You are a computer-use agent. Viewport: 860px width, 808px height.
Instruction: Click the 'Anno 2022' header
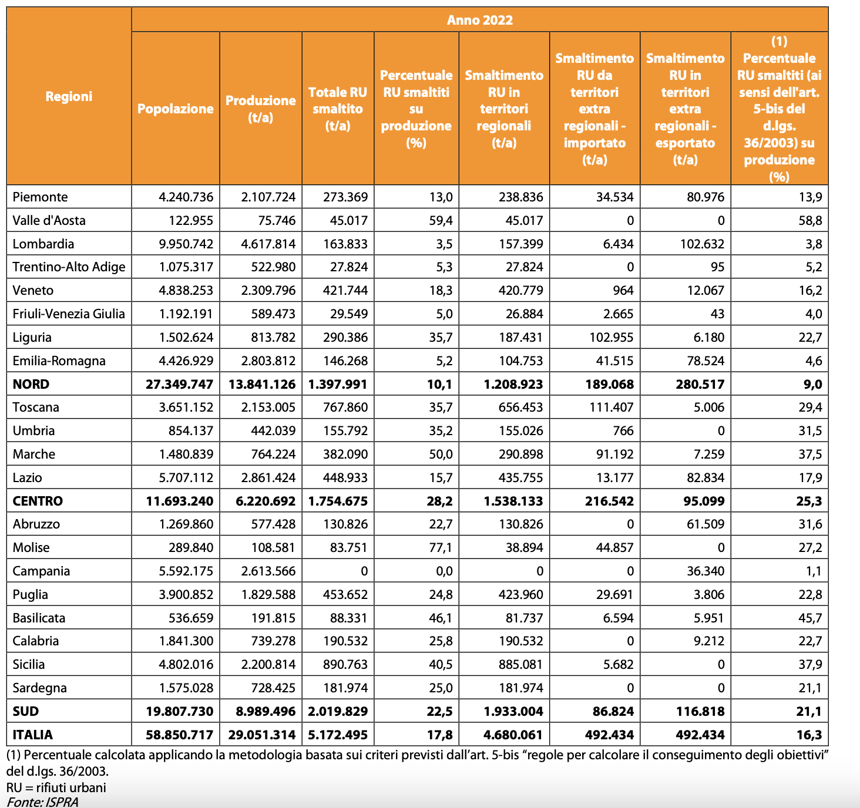479,20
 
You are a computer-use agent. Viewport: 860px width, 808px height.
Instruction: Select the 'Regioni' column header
69,96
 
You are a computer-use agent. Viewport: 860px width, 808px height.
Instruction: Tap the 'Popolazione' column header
176,109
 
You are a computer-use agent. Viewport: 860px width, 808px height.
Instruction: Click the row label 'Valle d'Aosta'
49,220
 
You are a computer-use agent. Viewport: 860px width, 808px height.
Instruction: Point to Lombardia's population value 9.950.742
186,244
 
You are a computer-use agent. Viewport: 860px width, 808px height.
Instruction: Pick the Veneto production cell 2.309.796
268,290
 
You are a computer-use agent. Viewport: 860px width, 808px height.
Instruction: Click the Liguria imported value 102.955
611,337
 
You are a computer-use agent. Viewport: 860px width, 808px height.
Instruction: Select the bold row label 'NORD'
31,384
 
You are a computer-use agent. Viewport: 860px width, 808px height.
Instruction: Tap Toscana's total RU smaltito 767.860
345,407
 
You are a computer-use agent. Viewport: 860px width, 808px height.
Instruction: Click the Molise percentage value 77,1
441,547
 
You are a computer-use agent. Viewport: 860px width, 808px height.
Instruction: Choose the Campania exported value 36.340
706,571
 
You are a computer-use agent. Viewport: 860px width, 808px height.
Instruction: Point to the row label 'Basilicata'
39,618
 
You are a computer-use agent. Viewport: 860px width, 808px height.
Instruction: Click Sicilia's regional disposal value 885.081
520,664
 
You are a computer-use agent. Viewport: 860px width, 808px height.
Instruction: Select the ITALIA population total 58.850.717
179,735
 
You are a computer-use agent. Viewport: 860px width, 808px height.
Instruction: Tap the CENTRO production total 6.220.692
266,501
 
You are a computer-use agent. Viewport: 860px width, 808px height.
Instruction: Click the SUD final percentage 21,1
809,711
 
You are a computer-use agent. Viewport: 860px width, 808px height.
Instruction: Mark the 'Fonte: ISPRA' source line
42,802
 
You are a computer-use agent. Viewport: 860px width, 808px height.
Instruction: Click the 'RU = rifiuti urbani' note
56,787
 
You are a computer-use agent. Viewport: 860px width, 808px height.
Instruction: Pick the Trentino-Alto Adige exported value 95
717,267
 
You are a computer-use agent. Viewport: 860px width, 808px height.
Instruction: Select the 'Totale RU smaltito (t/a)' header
338,109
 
